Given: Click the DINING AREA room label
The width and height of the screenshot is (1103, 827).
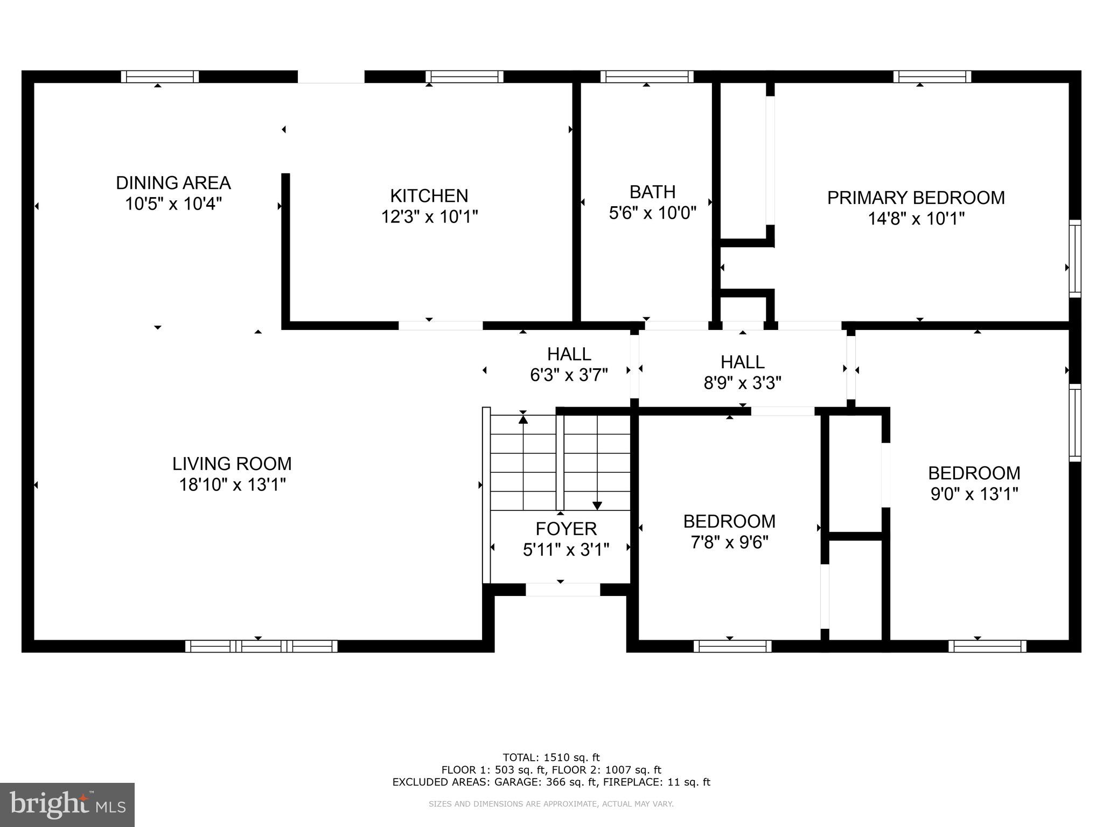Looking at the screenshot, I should pyautogui.click(x=173, y=183).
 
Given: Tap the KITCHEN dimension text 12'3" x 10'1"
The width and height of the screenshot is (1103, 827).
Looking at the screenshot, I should pyautogui.click(x=429, y=217).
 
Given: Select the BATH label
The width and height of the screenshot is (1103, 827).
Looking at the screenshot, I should pyautogui.click(x=652, y=192).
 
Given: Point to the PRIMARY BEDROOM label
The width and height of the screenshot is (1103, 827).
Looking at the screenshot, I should pyautogui.click(x=916, y=198).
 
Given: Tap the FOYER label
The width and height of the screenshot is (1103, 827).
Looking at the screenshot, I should pyautogui.click(x=566, y=529).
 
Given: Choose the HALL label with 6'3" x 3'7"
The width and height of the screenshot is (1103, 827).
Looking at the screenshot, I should pyautogui.click(x=569, y=354).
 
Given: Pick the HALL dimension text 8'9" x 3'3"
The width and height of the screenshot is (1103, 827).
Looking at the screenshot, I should pyautogui.click(x=742, y=383).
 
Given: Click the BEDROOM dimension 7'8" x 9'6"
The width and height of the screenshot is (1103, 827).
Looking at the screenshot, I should pyautogui.click(x=729, y=542).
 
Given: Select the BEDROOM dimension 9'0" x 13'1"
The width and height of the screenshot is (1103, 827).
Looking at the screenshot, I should pyautogui.click(x=974, y=494).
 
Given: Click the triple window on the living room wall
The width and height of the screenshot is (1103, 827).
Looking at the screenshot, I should pyautogui.click(x=261, y=646).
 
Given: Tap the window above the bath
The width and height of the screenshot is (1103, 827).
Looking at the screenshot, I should pyautogui.click(x=646, y=76).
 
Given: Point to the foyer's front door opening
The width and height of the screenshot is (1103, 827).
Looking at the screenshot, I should pyautogui.click(x=562, y=590).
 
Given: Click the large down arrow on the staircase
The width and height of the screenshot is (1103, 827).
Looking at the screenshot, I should pyautogui.click(x=597, y=505).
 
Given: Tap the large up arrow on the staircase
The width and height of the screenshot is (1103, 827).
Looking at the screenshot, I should pyautogui.click(x=523, y=418).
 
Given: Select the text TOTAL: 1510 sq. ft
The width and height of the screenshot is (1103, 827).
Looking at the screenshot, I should pyautogui.click(x=551, y=758).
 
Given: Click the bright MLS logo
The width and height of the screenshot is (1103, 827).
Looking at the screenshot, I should pyautogui.click(x=67, y=805).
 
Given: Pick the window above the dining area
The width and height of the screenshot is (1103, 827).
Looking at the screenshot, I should pyautogui.click(x=159, y=76).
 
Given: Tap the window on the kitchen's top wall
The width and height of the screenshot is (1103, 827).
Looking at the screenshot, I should pyautogui.click(x=464, y=76).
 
